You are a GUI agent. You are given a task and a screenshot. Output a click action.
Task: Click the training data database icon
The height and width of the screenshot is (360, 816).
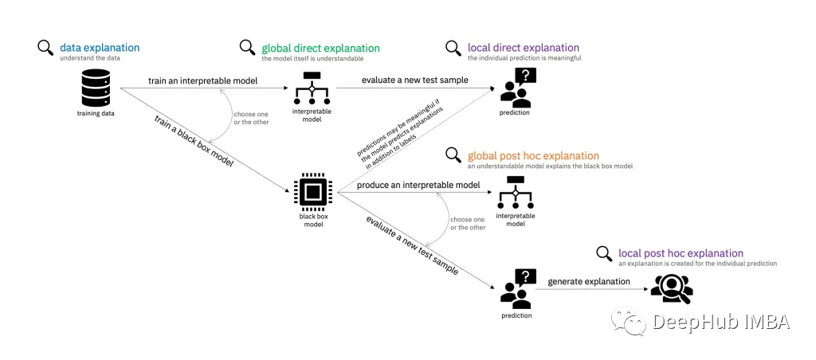[x=96, y=88]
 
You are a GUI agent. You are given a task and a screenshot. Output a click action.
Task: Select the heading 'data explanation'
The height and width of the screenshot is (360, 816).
[x=100, y=48]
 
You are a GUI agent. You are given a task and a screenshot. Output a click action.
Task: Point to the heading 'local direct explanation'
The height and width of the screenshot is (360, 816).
[x=524, y=48]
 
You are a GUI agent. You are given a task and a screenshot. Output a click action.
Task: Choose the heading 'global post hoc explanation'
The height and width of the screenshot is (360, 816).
[x=533, y=155]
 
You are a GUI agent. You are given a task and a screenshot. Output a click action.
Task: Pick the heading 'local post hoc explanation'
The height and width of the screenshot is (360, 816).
[x=681, y=253]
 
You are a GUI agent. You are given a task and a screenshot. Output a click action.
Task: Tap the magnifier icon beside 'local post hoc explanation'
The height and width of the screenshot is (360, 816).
[x=605, y=253]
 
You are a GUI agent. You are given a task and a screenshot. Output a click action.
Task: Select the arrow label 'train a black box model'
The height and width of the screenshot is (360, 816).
[x=194, y=142]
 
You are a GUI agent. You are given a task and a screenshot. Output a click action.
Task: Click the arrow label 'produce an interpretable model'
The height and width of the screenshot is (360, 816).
[x=418, y=186]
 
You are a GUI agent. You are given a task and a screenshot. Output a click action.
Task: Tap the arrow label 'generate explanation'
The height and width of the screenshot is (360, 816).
[x=588, y=281]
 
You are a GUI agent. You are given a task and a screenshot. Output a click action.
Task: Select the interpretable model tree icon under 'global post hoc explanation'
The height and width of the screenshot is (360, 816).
[x=515, y=191]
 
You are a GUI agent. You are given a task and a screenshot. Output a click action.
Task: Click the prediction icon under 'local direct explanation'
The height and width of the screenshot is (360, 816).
[x=517, y=86]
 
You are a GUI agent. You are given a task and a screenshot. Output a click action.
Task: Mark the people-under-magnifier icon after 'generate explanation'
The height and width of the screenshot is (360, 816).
[x=671, y=288]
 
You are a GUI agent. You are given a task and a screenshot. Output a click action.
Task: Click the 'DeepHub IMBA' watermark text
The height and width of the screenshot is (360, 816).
[x=720, y=322]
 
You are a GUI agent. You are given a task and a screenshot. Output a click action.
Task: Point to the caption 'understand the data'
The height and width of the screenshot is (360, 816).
[x=90, y=59]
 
